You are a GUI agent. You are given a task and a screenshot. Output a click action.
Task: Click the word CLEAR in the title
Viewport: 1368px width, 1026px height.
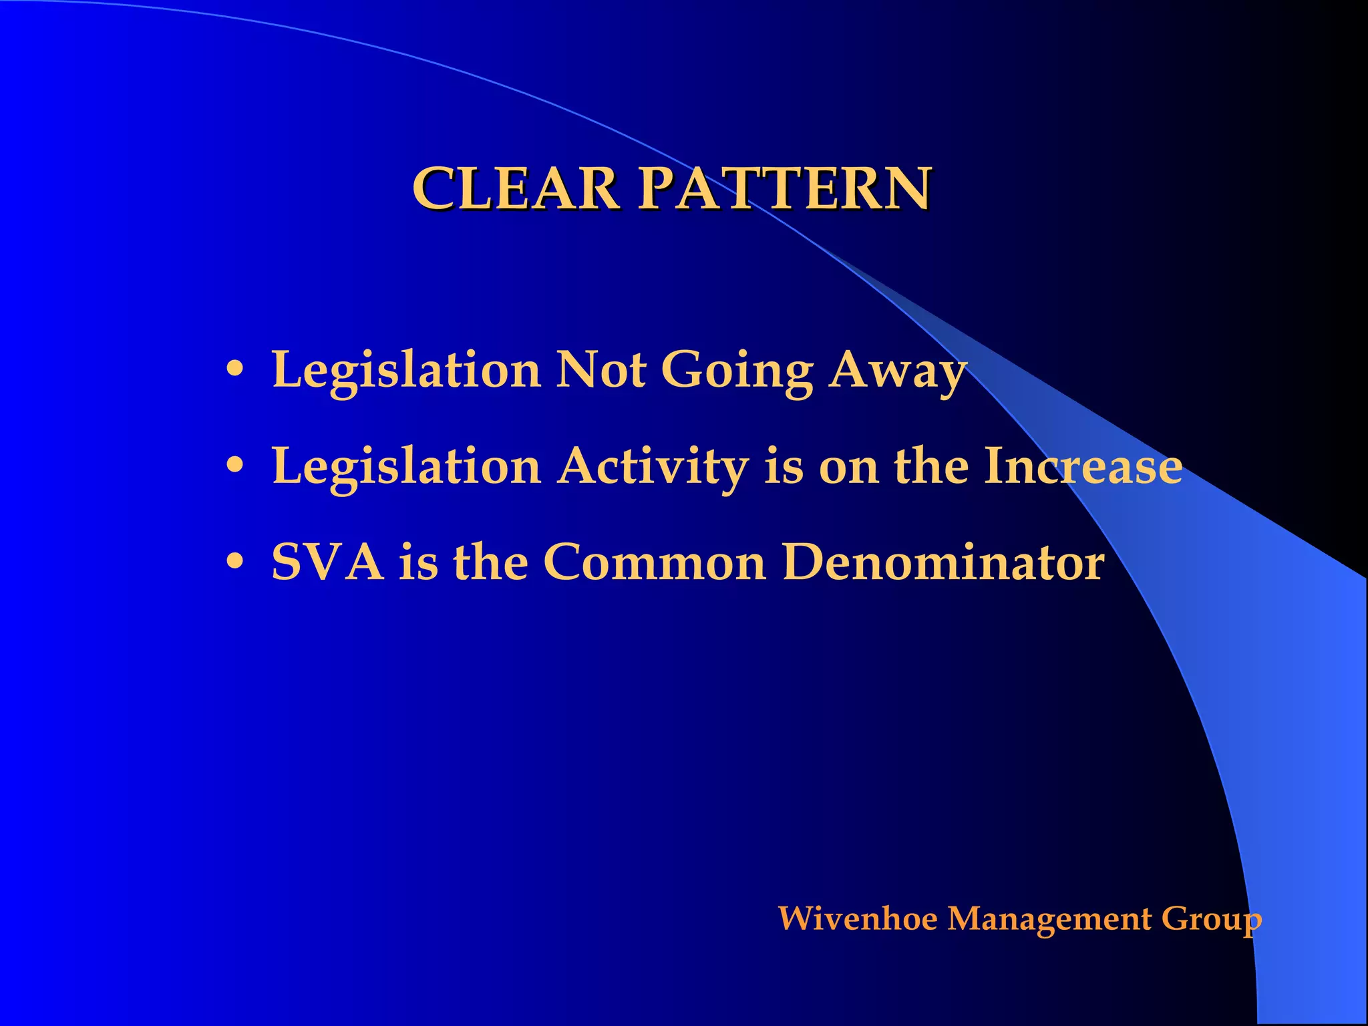tap(515, 188)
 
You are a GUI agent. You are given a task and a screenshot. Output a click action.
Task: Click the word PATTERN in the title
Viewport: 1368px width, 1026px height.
tap(785, 188)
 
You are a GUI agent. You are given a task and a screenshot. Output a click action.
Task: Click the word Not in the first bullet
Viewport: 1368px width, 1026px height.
tap(601, 369)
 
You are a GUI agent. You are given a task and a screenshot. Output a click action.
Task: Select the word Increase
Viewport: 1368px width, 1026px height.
tap(1083, 466)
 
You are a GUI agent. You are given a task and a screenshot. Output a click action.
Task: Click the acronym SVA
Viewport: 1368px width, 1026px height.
tap(327, 562)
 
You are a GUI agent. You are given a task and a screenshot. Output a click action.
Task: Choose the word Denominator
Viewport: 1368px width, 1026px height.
tap(943, 562)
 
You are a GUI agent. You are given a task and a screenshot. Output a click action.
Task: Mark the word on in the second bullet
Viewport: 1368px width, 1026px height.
tap(848, 467)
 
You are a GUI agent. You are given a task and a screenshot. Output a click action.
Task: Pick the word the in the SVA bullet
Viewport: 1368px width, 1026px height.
tap(490, 562)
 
